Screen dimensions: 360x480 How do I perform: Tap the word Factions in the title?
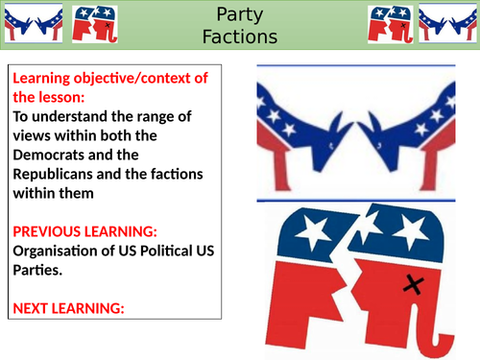click(x=239, y=37)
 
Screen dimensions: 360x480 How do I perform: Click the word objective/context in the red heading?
click(x=126, y=78)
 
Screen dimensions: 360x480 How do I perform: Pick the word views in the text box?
click(x=33, y=134)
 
